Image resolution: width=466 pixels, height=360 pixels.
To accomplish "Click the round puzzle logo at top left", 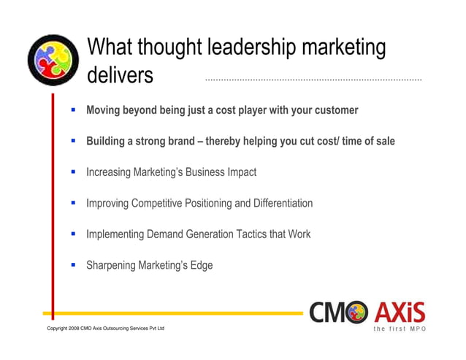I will coord(53,60).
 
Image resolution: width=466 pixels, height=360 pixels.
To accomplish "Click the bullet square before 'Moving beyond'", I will coord(73,110).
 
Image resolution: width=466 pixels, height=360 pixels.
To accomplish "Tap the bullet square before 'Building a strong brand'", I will coord(73,141).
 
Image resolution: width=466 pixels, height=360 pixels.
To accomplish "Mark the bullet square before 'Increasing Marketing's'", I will coord(73,172).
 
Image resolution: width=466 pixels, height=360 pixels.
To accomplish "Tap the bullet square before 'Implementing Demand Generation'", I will coord(73,234).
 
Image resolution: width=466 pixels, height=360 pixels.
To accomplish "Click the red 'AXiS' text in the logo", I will coord(400,313).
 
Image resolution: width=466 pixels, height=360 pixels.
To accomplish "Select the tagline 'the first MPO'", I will coord(399,329).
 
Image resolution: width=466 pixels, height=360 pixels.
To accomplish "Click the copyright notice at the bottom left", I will coord(105,329).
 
